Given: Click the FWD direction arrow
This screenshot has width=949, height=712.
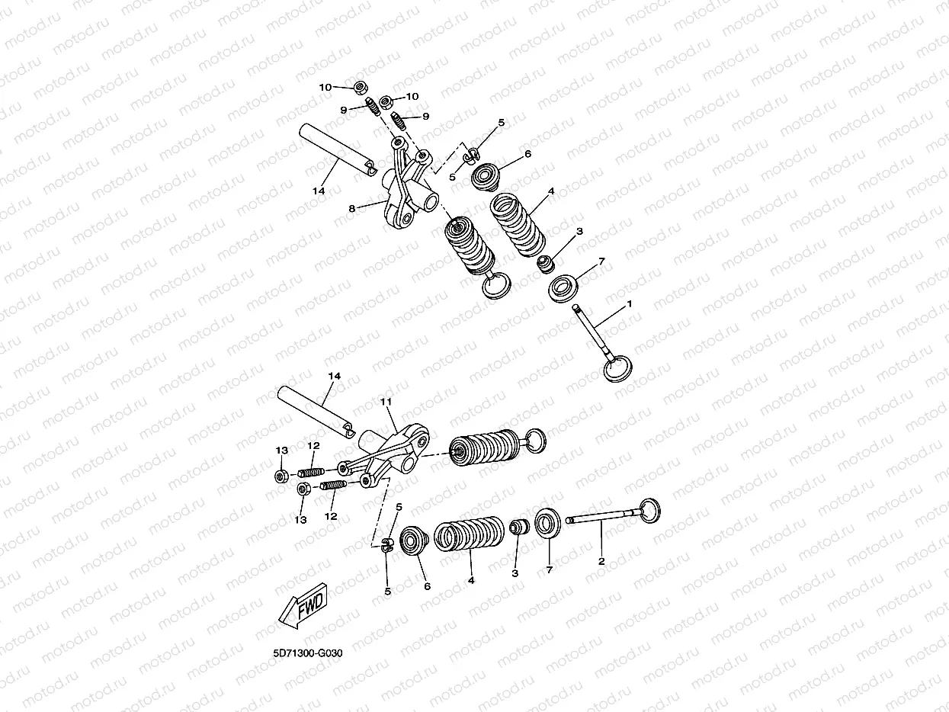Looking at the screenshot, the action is pos(303,606).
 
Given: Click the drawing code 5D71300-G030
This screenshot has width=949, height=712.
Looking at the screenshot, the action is pos(308,653).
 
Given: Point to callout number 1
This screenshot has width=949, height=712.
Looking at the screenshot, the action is pos(629,304).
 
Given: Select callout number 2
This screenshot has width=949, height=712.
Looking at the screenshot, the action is pos(601,562).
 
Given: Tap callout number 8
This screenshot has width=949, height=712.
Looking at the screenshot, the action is pos(352,208).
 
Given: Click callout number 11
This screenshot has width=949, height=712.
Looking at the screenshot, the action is pos(386,402).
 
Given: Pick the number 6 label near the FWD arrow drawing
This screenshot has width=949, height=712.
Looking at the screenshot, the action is pos(427,586).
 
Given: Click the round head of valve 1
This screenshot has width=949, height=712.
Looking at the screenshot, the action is pos(618,368).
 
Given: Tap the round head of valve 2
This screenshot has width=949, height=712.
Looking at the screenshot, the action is pos(649,511).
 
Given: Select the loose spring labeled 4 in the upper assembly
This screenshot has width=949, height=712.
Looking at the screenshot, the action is pos(518,225).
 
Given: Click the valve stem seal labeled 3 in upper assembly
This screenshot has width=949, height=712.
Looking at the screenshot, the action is pos(546,264).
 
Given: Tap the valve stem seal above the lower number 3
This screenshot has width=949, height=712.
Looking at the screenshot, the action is pos(519,528).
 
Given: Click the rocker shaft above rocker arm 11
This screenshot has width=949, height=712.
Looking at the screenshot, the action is pos(315,412).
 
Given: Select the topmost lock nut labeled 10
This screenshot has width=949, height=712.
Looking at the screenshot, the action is pos(360,88).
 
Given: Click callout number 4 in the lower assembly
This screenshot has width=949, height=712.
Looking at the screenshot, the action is pos(471,580).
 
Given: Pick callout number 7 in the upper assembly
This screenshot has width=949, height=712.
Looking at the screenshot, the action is pos(601,261).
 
